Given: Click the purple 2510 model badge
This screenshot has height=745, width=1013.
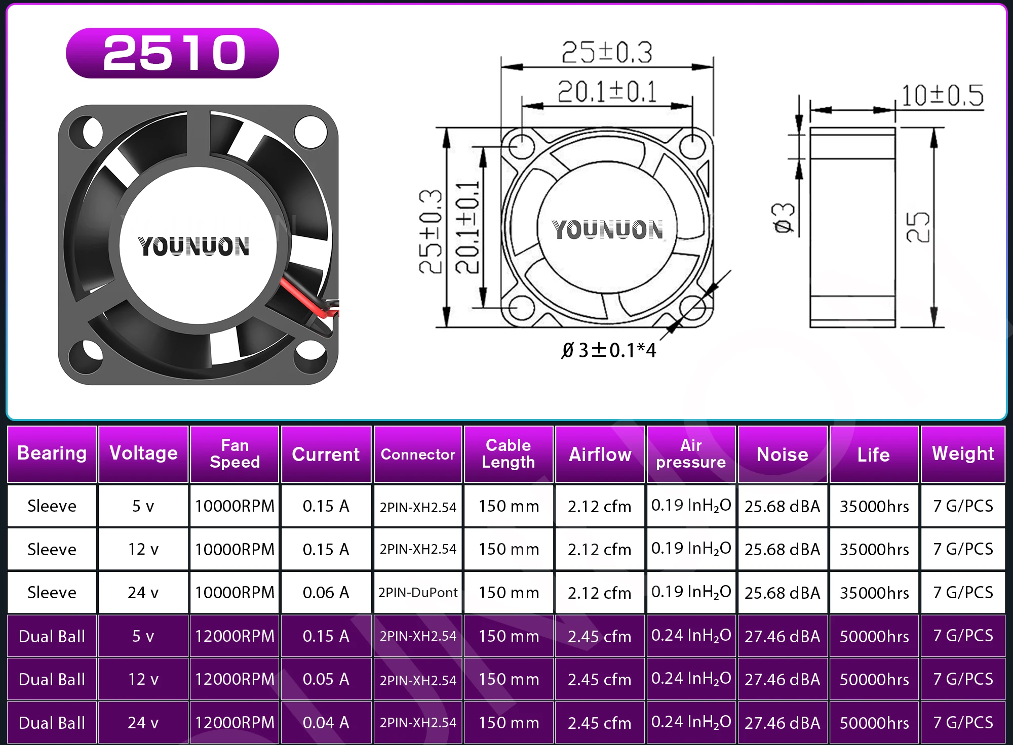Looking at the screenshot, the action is [x=172, y=53].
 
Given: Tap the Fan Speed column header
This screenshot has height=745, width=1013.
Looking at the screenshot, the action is [x=235, y=454].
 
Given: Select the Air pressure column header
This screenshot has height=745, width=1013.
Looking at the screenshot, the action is [x=691, y=454].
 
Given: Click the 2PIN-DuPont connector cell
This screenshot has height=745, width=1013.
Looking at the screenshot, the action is [x=418, y=593].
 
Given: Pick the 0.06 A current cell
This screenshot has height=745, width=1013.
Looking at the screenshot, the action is [x=326, y=593].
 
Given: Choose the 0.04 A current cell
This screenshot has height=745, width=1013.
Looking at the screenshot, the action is [x=326, y=723].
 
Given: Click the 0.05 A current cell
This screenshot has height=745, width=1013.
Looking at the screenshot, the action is [x=326, y=679].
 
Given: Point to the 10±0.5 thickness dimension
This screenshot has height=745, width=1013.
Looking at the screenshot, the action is [x=943, y=95].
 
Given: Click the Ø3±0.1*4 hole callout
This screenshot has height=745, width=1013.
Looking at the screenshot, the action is [x=609, y=350].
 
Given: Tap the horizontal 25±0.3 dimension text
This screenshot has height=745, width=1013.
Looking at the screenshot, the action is [x=607, y=52].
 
